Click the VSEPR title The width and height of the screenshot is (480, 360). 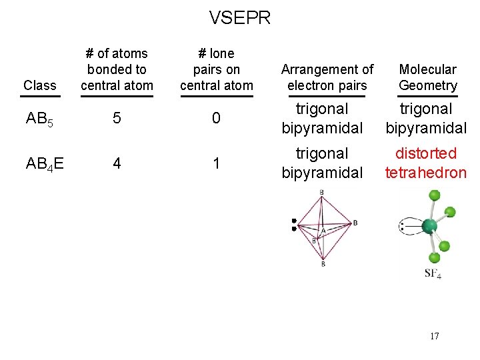coord(240,17)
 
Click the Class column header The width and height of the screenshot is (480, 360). coord(40,85)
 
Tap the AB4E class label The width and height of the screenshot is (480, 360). coord(45,163)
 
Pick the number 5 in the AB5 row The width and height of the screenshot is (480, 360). coord(117,119)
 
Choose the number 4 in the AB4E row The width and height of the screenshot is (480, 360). coord(117,163)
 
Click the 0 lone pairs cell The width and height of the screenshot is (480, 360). coord(216,119)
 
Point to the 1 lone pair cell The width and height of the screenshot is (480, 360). coord(216,163)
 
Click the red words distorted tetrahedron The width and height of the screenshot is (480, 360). coord(426,163)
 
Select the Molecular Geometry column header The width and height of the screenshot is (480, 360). coord(427,77)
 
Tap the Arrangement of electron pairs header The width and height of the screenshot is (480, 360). coord(327,77)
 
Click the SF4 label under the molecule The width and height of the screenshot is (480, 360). coord(433,273)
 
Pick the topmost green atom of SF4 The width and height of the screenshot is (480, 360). coord(435,195)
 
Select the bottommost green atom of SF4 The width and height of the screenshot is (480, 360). coord(434,257)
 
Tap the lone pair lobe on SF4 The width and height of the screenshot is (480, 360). coord(408,226)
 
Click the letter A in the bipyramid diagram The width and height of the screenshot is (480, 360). coord(323,231)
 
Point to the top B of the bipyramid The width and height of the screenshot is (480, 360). coord(322,193)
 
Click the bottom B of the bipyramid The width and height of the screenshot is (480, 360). coord(323,265)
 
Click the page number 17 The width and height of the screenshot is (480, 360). coord(434,336)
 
